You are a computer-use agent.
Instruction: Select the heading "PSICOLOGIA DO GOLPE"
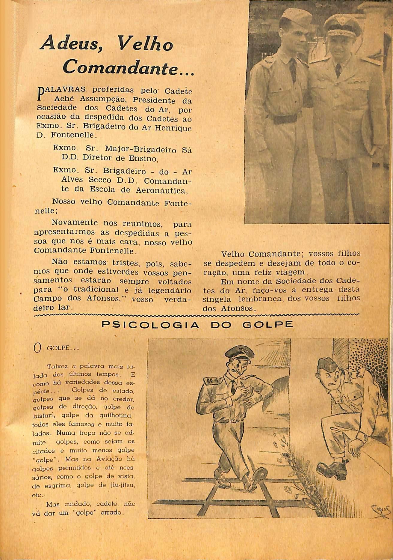(197, 325)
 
